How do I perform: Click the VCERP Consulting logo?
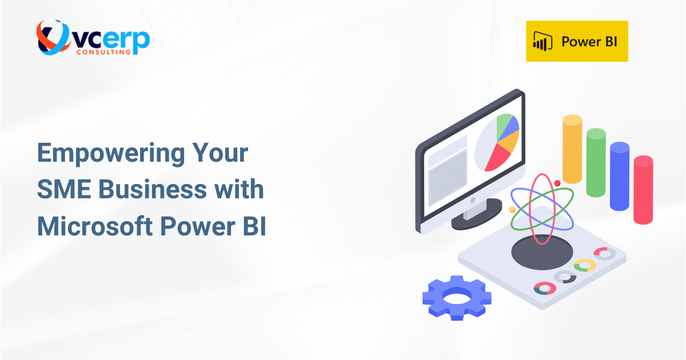click(92, 38)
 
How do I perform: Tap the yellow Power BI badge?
click(577, 41)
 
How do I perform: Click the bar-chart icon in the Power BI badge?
click(542, 42)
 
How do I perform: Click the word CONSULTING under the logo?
click(103, 51)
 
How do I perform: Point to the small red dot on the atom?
click(557, 183)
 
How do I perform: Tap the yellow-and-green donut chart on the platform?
click(585, 265)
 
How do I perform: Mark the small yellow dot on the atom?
click(512, 210)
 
